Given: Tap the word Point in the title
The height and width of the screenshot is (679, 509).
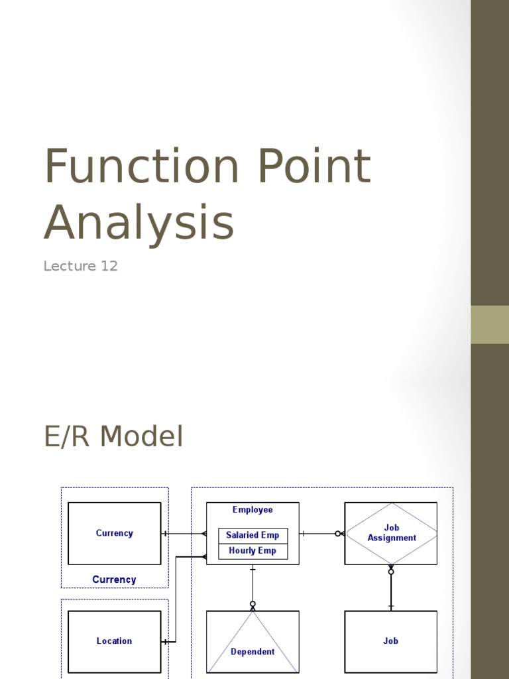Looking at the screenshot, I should coord(313,166).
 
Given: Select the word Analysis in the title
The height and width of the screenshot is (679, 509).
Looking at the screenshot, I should coord(139,223).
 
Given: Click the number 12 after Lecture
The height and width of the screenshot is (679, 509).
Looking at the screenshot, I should coord(109,267).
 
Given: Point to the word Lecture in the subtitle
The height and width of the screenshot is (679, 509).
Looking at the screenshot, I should coord(70,267).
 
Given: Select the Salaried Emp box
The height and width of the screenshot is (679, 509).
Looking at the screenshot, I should coord(253,535).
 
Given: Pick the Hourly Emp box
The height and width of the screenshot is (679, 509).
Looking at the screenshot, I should coord(253,551).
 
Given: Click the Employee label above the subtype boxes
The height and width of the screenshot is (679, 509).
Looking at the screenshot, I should coord(253,510).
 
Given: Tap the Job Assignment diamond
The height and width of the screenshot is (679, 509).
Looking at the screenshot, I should coord(391,533).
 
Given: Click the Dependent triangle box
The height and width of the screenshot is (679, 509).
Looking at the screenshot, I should coord(253,642).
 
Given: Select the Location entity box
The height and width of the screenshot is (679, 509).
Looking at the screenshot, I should coord(114,641).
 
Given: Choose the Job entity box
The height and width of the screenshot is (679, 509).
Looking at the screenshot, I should coord(390,641).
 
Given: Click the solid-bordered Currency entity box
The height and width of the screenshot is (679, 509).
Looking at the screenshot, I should coord(114,533).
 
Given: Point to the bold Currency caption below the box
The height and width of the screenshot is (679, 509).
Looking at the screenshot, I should coord(114,580).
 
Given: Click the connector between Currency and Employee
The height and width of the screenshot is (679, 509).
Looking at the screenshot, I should coord(184,533).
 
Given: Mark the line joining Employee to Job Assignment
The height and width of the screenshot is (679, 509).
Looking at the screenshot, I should coord(321,533).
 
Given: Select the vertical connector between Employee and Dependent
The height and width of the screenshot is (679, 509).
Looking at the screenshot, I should coord(253,587).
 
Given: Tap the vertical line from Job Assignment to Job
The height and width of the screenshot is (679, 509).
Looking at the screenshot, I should coord(391,590).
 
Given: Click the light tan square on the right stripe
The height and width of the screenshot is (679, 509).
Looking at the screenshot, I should coord(490,324).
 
